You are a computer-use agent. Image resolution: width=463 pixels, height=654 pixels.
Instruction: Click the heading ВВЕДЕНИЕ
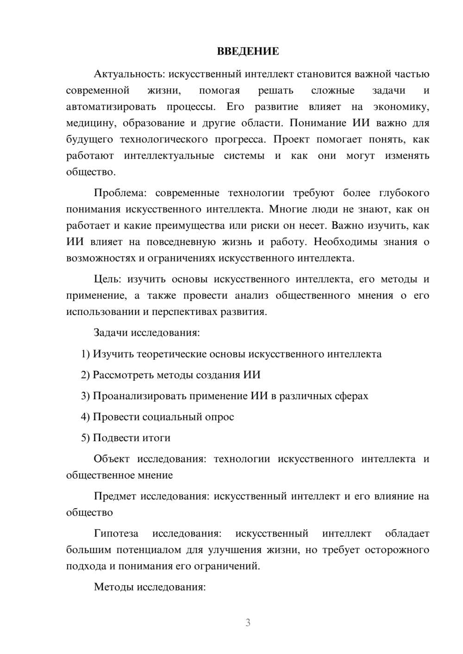248,51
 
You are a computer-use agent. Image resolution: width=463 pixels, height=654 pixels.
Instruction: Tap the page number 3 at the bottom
248,623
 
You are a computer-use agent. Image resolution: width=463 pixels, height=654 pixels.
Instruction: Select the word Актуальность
123,74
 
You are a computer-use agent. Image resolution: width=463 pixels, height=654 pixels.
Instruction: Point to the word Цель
107,279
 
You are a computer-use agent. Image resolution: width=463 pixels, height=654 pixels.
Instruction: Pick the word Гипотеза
116,533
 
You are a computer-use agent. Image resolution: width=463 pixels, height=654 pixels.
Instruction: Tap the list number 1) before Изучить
85,354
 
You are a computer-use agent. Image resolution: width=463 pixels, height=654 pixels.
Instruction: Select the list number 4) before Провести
85,417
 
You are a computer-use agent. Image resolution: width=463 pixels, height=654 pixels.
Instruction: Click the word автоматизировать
111,107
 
